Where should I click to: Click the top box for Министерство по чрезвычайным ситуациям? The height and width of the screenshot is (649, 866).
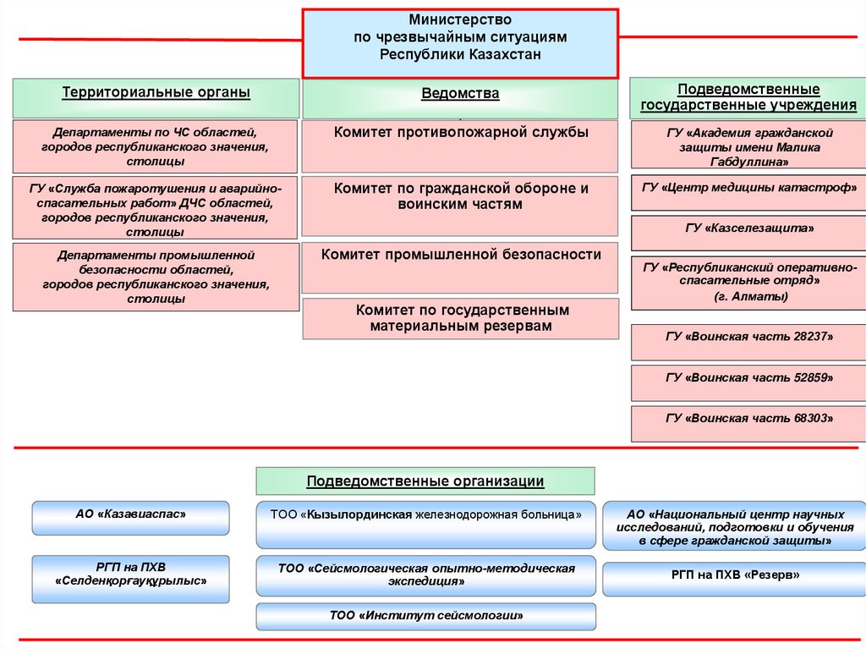click(461, 42)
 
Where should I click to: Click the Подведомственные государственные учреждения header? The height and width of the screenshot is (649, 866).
click(748, 97)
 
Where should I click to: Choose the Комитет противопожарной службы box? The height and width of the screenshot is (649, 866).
click(461, 146)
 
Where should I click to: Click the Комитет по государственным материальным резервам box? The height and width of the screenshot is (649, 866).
click(461, 318)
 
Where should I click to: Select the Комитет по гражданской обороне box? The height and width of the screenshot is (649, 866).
click(461, 206)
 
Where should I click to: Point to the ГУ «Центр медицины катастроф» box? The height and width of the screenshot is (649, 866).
click(748, 188)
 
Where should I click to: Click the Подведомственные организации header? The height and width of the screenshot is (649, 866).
click(425, 481)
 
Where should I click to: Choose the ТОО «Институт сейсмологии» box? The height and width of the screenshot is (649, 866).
click(425, 616)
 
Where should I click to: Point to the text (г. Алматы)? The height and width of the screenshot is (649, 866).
click(748, 296)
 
